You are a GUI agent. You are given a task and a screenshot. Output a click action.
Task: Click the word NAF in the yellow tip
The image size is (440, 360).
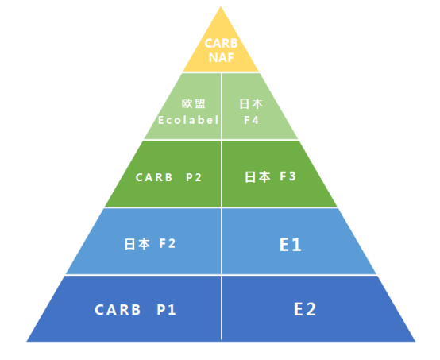pos(222,57)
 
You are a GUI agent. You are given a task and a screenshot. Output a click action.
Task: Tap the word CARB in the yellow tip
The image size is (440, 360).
pos(221,44)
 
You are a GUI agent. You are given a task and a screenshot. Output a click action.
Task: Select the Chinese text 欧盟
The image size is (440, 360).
pos(194,104)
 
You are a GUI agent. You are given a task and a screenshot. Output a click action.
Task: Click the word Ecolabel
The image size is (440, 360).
pos(188,120)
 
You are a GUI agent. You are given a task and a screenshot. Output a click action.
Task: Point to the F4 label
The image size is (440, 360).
pos(252,120)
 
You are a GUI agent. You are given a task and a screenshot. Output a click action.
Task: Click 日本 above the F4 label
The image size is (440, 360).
pos(251,104)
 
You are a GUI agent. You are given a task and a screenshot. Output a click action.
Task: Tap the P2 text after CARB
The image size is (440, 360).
pos(194,177)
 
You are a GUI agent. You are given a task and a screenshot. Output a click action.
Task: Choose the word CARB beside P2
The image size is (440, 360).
pos(154,177)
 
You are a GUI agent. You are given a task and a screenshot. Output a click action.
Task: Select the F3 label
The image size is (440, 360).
pos(288,176)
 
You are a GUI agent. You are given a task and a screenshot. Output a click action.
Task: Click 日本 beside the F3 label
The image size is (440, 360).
pos(257,177)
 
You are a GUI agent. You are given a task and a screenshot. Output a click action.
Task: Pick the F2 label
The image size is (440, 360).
pos(168,243)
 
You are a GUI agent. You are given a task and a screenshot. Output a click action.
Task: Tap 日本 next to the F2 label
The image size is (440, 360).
pos(137,244)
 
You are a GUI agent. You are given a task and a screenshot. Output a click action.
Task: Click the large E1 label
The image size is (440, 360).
pos(291,245)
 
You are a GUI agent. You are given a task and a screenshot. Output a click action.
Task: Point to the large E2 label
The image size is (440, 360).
pos(305,309)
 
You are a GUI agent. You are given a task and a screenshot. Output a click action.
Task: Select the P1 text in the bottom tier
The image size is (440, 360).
pos(167,310)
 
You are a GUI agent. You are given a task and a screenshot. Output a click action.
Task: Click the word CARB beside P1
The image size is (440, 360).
pos(118,310)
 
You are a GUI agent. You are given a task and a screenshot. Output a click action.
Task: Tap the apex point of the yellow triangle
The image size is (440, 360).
pos(221,6)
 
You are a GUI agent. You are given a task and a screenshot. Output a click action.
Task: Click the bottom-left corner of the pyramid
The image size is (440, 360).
pos(27,342)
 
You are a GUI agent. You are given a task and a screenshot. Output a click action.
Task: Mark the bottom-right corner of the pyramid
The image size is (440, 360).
pos(415,342)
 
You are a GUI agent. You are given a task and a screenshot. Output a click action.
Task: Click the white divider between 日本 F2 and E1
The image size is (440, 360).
pos(221,241)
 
